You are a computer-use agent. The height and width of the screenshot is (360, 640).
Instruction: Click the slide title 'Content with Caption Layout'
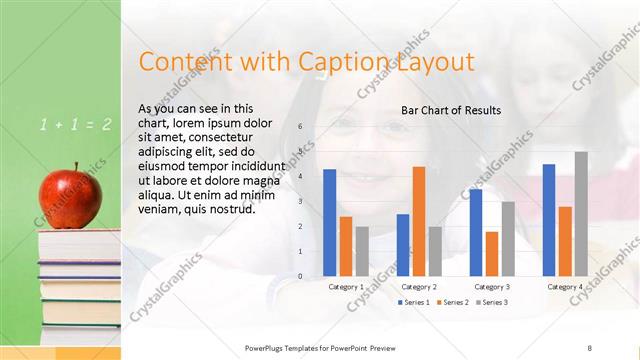[x=306, y=62]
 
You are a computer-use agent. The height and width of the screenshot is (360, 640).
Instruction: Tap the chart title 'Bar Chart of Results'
[x=451, y=110]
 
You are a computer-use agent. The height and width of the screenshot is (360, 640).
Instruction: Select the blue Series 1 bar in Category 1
[x=329, y=223]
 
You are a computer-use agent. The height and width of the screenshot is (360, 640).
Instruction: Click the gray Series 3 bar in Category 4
[x=581, y=214]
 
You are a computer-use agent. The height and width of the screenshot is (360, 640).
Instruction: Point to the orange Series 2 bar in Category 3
[x=492, y=254]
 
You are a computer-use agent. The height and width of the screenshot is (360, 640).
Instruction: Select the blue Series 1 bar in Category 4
[x=549, y=220]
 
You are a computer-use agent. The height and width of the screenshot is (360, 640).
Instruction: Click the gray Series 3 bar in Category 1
[x=362, y=251]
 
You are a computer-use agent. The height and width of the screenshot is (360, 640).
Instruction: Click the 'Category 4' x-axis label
[x=566, y=287]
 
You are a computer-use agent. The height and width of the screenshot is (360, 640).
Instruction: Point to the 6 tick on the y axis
[x=299, y=127]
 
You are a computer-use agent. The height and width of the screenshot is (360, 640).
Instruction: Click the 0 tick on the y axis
[x=299, y=276]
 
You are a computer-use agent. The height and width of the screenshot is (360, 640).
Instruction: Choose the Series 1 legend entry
[x=415, y=302]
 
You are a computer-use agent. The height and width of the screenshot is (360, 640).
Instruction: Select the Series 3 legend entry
[x=491, y=302]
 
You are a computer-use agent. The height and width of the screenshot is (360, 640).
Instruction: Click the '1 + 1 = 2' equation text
[x=76, y=125]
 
